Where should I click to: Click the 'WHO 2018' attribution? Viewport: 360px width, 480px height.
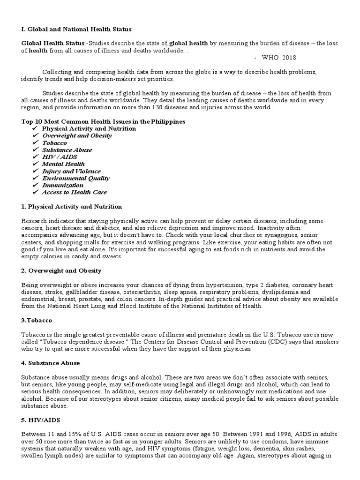point(278,57)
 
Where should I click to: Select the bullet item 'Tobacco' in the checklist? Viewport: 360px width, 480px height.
point(54,142)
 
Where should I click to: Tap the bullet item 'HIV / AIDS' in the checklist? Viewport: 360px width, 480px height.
point(60,157)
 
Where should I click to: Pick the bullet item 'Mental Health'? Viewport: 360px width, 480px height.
point(63,164)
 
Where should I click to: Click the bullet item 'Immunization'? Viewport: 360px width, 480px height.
point(63,185)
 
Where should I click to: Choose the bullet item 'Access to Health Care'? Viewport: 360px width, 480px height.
point(74,192)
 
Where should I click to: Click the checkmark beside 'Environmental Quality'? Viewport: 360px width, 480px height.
point(35,178)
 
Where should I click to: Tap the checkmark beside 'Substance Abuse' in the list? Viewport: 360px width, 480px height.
point(35,150)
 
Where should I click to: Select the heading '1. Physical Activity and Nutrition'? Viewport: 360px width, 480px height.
point(72,206)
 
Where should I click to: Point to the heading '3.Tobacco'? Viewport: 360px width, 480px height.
point(37,320)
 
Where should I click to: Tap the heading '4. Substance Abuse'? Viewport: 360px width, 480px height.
point(50,363)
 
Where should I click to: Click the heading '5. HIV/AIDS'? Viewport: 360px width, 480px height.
point(41,420)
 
